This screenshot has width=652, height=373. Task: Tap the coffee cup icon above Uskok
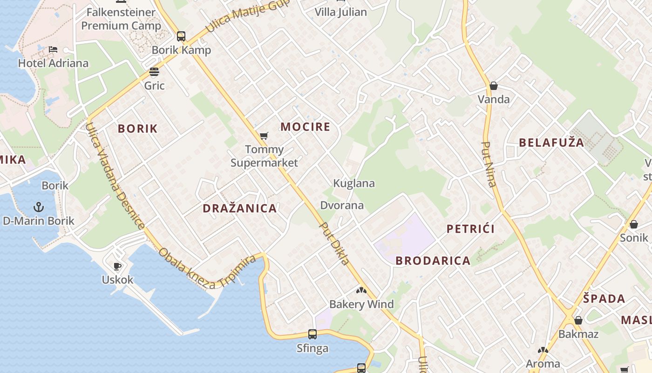117,266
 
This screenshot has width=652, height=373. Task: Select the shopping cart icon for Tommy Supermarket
264,136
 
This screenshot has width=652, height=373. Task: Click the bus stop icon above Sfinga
312,334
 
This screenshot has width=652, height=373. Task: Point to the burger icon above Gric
154,72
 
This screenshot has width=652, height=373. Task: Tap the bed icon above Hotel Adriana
53,49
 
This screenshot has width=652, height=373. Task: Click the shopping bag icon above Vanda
494,86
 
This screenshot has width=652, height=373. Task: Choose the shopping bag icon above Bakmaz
578,320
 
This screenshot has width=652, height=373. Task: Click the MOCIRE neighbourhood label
305,127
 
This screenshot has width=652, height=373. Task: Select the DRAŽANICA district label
240,208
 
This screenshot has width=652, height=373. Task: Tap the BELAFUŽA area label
551,143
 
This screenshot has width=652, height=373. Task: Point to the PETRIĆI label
470,229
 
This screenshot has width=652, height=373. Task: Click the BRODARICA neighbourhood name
433,261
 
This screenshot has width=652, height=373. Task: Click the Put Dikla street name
334,243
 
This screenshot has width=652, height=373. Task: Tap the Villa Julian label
341,12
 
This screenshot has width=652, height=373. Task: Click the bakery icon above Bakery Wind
361,290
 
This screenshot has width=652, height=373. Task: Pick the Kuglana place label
354,183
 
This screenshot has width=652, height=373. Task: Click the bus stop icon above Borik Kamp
181,36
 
